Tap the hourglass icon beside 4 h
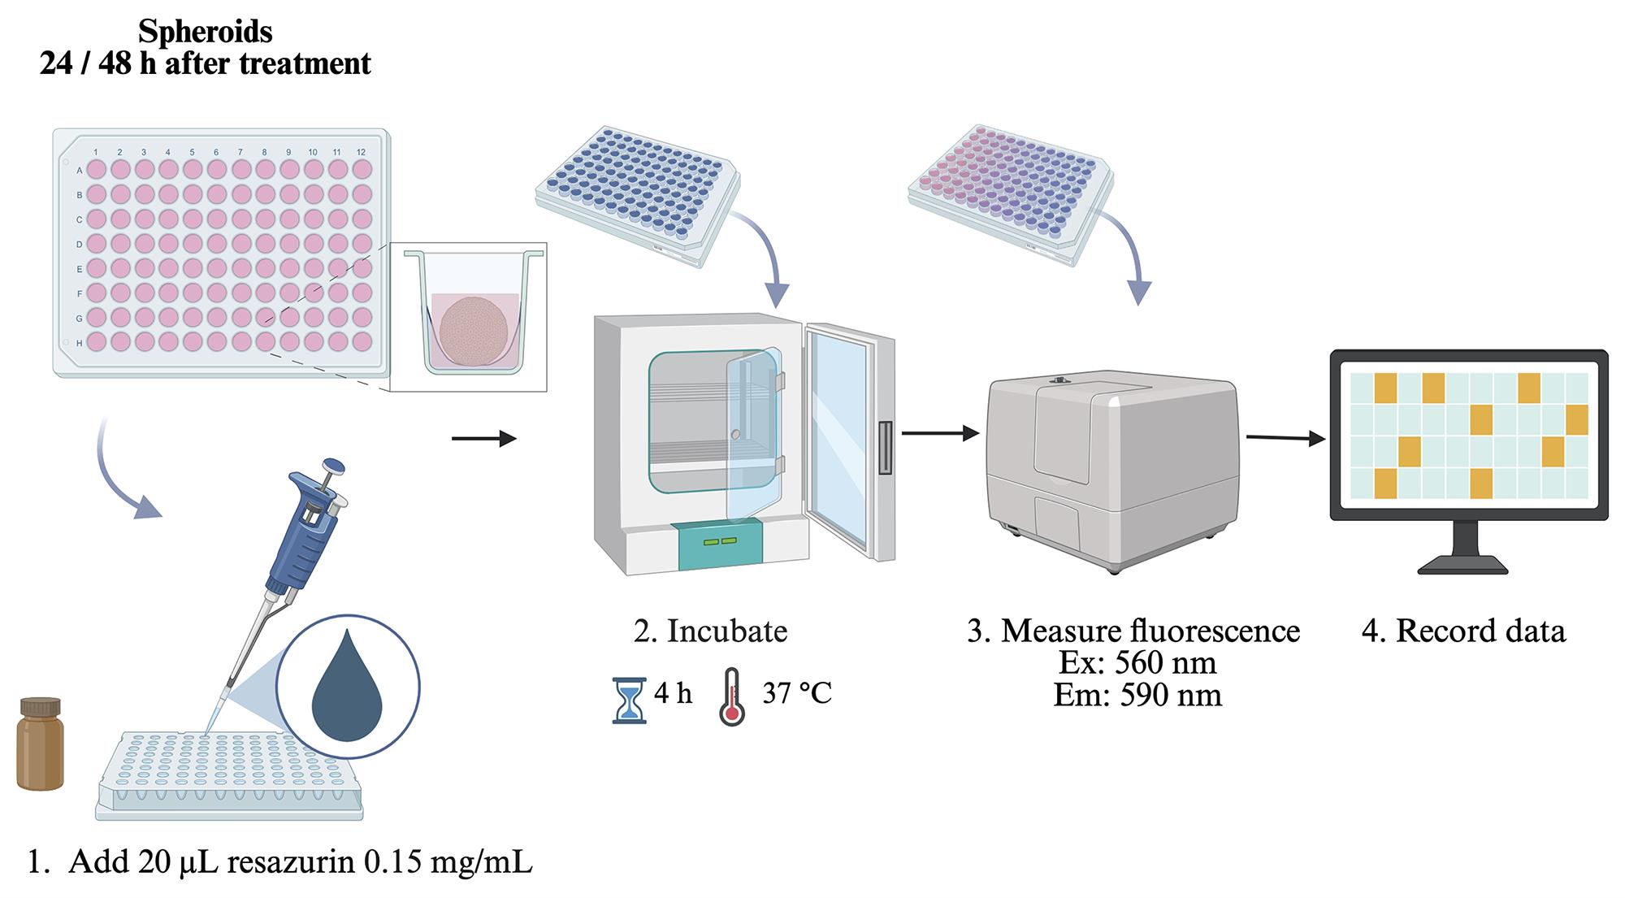[629, 701]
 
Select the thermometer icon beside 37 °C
[732, 696]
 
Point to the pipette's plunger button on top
[333, 467]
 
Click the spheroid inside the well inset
[474, 332]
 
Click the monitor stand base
[1462, 566]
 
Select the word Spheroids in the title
[206, 31]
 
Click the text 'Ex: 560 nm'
[1137, 663]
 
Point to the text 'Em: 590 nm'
[1137, 695]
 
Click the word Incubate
[727, 631]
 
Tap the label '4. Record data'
[1463, 631]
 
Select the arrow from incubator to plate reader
[940, 433]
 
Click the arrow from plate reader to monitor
[1285, 439]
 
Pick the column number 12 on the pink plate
[361, 152]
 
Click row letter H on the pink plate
[80, 342]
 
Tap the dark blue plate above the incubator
[638, 195]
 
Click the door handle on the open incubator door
[885, 447]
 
